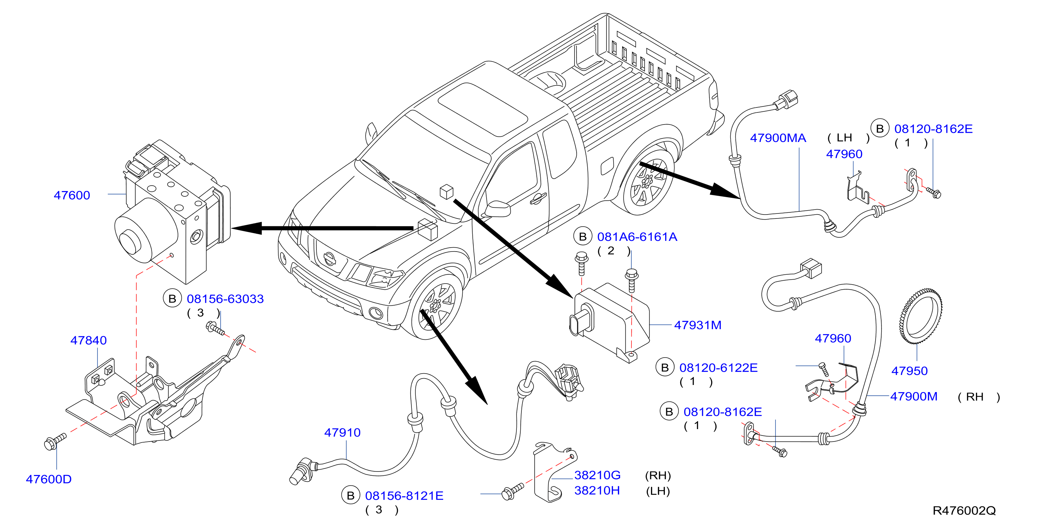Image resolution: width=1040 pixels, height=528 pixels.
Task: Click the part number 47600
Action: point(72,195)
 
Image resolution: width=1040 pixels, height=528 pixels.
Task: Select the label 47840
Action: point(88,340)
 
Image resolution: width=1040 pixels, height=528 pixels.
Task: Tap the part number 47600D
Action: point(49,479)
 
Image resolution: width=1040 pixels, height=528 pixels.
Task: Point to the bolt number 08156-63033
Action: point(225,299)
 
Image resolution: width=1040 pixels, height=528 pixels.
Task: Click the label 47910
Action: point(342,432)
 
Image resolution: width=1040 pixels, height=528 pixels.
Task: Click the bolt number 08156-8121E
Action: point(404,496)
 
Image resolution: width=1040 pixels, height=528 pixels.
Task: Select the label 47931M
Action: point(698,325)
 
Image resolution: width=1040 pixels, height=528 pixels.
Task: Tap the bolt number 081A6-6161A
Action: point(637,237)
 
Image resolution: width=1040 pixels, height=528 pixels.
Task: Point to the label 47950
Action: point(910,371)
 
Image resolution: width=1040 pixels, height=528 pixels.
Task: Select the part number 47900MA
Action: point(778,138)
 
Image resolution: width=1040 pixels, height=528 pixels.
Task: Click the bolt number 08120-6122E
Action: point(719,368)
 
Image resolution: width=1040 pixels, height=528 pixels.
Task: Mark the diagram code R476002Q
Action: point(964,511)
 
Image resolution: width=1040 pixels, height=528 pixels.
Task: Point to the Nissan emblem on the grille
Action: point(330,258)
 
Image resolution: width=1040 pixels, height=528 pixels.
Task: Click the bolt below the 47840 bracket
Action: point(54,441)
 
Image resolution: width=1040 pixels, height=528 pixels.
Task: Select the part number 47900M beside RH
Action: point(914,396)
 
